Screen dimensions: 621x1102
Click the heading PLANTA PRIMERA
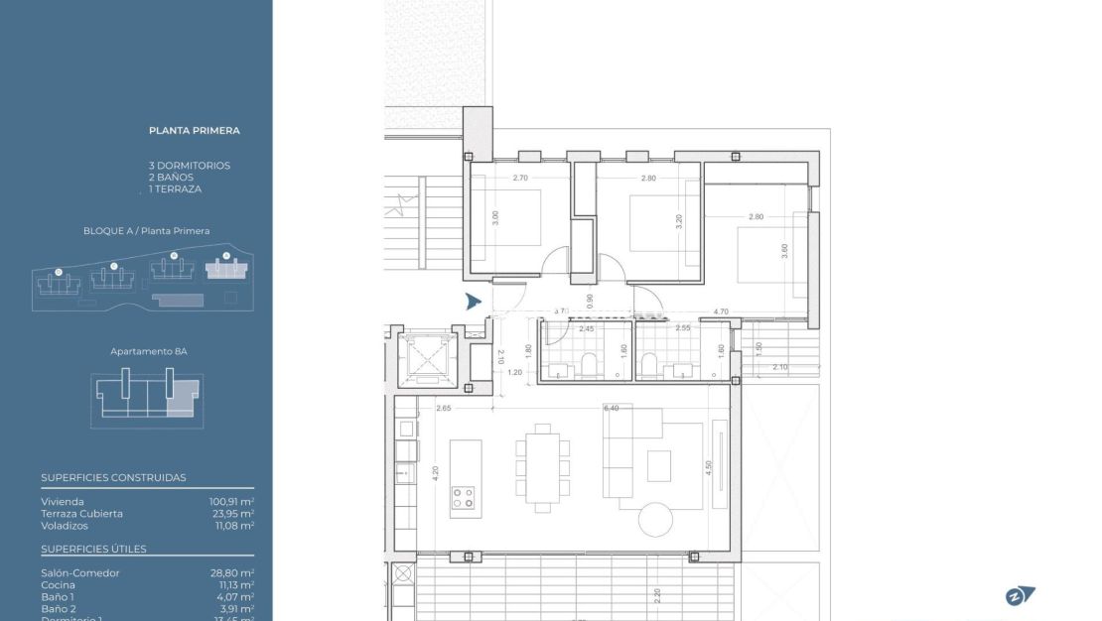(x=194, y=130)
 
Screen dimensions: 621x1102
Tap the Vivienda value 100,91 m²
(x=230, y=502)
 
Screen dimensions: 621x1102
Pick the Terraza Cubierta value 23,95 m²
(x=230, y=514)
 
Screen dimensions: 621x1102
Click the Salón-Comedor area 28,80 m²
(x=230, y=573)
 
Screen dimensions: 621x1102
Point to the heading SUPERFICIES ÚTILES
(x=93, y=549)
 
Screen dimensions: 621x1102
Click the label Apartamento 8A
(x=149, y=351)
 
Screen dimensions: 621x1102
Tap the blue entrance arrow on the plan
(x=474, y=302)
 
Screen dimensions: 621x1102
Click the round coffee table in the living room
(x=654, y=519)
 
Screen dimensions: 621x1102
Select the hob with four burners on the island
(x=464, y=497)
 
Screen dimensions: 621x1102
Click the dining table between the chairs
(x=542, y=466)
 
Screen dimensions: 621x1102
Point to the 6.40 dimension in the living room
(x=611, y=408)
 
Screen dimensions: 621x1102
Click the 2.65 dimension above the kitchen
(x=443, y=408)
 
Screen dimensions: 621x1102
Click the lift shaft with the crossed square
(x=425, y=358)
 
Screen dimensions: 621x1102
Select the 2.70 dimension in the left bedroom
(x=519, y=179)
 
